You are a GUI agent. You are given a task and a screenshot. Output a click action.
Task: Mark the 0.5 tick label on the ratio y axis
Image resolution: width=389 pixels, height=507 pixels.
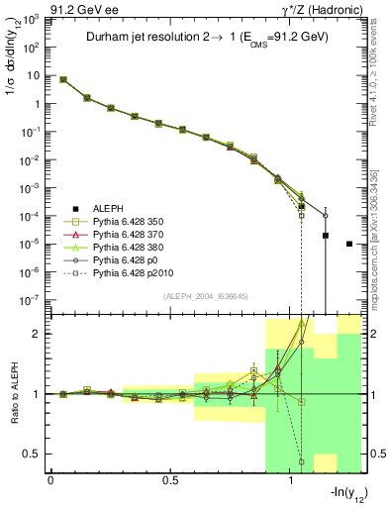pyautogui.click(x=33, y=454)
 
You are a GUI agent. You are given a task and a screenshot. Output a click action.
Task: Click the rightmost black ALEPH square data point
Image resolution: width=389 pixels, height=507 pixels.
pyautogui.click(x=349, y=244)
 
